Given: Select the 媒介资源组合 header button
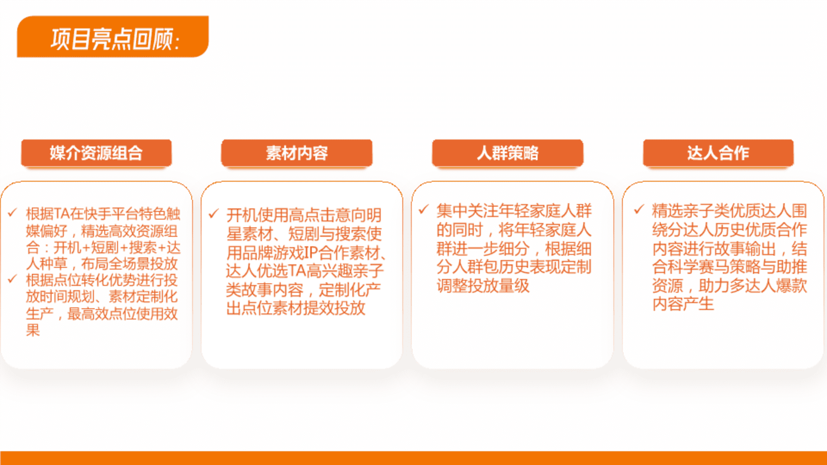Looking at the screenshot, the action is coord(96,153).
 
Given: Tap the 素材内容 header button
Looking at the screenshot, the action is coord(297,153).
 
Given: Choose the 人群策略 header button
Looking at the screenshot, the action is coord(508,153).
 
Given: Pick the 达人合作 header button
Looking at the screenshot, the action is coord(718,153).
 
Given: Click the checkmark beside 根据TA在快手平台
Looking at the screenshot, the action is coord(12,212).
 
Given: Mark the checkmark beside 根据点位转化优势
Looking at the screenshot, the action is coord(12,279).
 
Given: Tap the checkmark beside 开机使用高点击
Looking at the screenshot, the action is coord(214,214).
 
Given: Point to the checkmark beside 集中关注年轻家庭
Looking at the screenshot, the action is coord(424,209).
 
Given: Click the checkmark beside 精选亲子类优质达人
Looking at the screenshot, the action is coord(639,209).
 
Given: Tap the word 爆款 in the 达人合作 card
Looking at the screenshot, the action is coord(792,285).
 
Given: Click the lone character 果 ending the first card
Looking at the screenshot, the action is coord(33,330).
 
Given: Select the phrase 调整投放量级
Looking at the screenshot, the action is coord(483,285).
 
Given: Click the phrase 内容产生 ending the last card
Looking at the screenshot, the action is coord(683,304).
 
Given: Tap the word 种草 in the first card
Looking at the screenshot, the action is coord(53,263).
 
